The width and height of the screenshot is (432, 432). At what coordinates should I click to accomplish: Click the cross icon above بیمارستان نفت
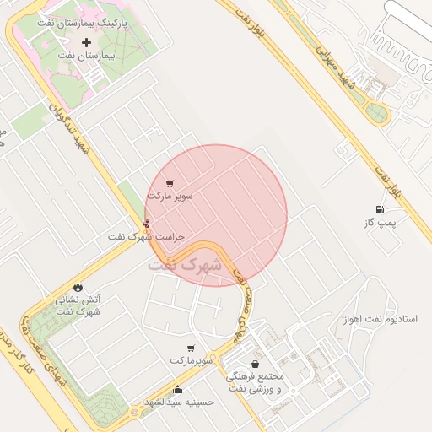point(86,42)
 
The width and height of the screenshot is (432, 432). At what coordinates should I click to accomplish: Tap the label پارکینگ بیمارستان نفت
point(84,24)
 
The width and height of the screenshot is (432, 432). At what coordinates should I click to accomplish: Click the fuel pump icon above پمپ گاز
point(379,209)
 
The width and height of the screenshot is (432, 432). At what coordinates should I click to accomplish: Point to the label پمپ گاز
point(380,223)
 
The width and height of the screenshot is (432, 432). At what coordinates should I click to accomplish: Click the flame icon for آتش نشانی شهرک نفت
point(78,288)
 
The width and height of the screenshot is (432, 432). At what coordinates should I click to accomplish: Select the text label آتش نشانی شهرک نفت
point(78,305)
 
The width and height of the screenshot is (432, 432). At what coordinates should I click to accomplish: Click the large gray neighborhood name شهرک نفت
point(185,264)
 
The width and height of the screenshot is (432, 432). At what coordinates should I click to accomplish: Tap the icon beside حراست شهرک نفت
point(147,224)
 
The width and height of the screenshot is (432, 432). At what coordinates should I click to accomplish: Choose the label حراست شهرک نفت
point(145,237)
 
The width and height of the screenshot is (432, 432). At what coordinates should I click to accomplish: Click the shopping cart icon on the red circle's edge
point(170,183)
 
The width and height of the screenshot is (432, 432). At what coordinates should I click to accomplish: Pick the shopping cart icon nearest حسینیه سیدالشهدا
point(191,348)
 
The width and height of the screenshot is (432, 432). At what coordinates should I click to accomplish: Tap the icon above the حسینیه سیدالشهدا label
point(177,389)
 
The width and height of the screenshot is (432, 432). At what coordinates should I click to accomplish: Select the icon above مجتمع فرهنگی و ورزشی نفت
point(255,364)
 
